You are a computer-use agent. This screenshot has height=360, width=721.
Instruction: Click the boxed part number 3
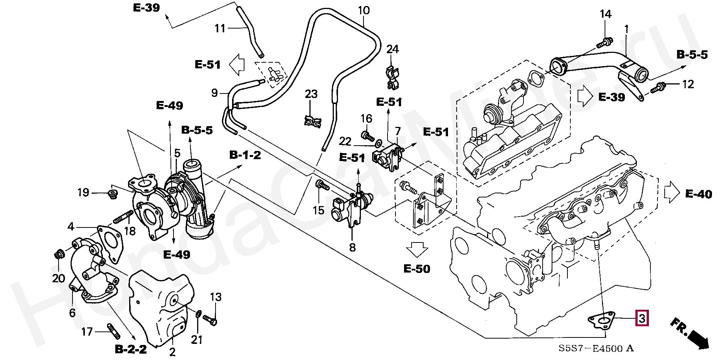coord(641,319)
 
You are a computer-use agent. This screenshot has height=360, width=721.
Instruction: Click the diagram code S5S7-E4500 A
coord(596,348)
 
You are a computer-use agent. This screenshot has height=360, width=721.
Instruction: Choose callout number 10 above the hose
coord(363,10)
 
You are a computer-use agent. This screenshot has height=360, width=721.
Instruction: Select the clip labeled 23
coord(312,121)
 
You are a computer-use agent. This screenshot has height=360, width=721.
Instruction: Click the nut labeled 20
coord(58,255)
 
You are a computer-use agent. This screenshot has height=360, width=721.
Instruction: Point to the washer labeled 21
coord(199,313)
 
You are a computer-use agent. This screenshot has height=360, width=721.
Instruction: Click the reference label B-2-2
coord(130,349)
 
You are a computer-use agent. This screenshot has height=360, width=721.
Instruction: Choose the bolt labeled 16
coord(366,134)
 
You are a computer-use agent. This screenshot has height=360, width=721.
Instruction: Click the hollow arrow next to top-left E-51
coord(237,64)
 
